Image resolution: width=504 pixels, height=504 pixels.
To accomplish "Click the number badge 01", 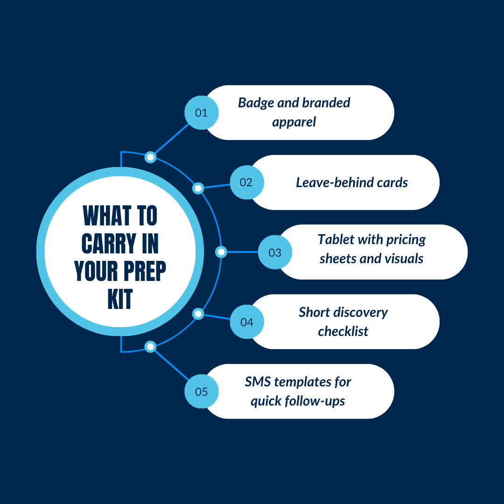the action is pos(202,113).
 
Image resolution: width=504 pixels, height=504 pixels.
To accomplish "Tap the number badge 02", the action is pos(247,182).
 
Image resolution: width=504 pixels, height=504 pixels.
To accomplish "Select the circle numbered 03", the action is pos(275,252).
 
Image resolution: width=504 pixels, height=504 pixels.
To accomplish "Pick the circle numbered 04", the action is pos(247,322).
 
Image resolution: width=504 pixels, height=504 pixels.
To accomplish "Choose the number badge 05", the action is pos(202,392).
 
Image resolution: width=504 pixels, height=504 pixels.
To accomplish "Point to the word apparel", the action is pos(294,122).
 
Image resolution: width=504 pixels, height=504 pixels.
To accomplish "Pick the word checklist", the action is pos(343,331).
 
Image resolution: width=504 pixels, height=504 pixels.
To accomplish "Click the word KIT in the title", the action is pos(120,299).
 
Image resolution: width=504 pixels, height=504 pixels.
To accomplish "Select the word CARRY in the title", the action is pos(109,244).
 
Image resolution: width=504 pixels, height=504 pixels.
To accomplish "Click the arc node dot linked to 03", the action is pos(221,252).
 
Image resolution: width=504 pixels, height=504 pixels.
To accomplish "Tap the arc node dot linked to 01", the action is pos(150,157).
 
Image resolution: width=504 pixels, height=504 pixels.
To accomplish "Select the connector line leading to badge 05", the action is pos(171,365).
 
